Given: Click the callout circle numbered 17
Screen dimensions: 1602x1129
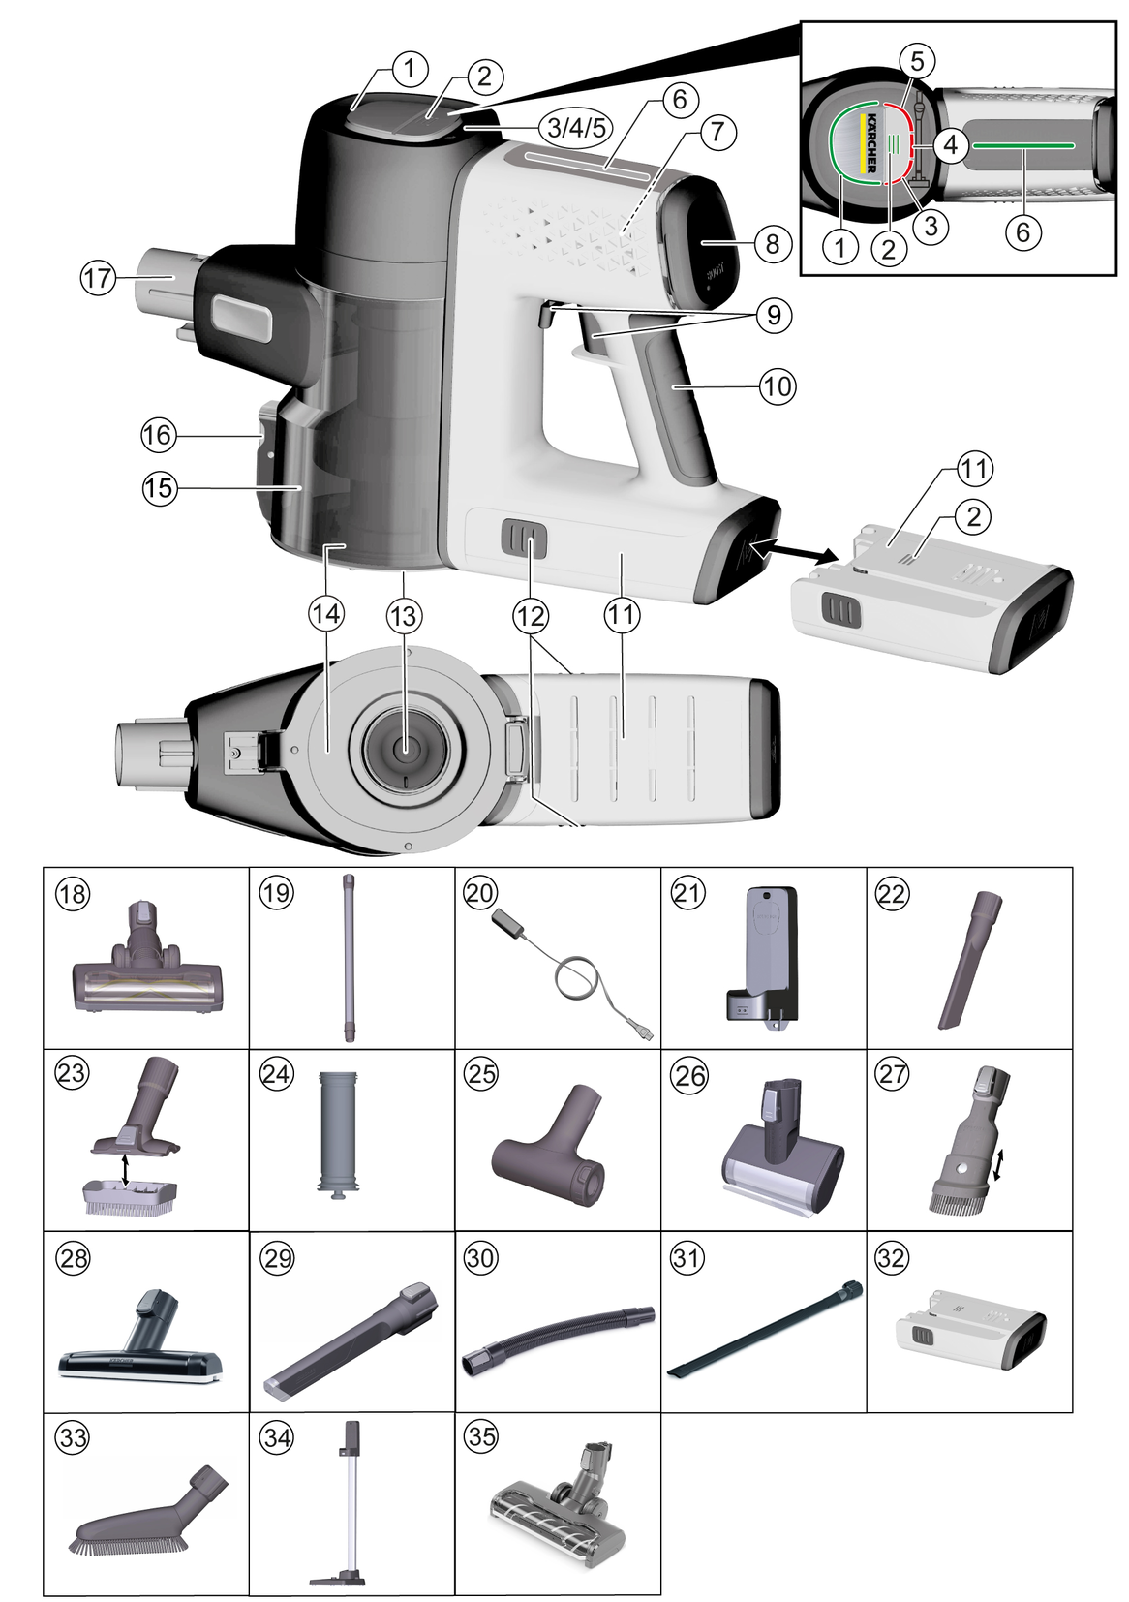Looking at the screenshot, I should coord(98,279).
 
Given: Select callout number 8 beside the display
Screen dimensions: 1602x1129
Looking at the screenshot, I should coord(772,242).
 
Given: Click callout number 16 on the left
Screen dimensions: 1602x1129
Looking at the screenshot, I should coord(159,435).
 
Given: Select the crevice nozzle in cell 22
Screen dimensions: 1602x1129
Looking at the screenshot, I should coord(969,960).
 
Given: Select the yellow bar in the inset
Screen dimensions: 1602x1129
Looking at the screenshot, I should coord(861,142).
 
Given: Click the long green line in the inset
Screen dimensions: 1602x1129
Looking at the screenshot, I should coord(1022,144).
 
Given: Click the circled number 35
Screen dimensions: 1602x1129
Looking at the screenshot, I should coord(481,1436).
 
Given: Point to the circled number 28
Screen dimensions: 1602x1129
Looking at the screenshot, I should coord(73,1258).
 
